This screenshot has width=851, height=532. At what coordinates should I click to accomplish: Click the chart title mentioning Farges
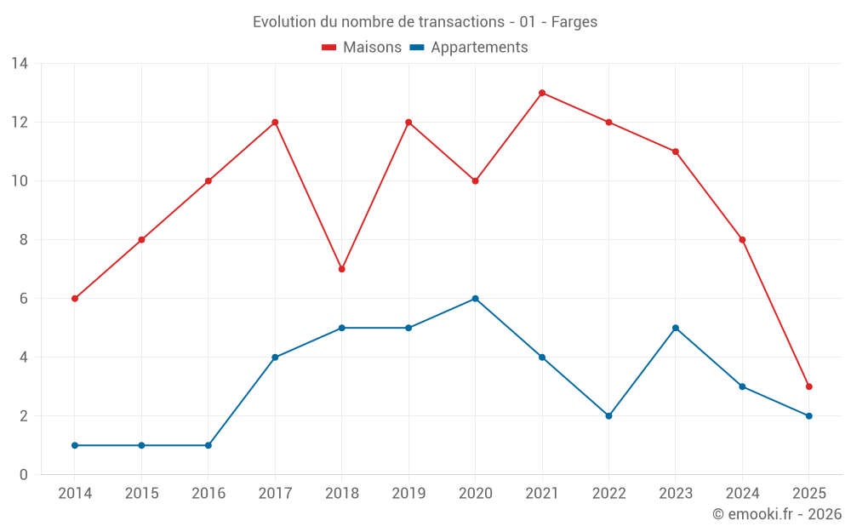click(425, 22)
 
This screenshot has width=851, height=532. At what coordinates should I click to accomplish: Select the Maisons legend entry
click(362, 48)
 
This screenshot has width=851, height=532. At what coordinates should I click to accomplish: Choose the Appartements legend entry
click(469, 48)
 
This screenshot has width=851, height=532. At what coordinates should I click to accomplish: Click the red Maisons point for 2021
click(542, 93)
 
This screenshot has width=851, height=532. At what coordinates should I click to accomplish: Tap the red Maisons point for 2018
click(342, 269)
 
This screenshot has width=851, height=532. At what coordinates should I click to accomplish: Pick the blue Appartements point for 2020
click(476, 299)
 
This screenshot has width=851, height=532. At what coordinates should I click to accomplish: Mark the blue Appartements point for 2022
click(608, 416)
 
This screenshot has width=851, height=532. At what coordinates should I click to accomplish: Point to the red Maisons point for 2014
click(75, 299)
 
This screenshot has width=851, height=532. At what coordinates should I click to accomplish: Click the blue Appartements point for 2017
click(275, 358)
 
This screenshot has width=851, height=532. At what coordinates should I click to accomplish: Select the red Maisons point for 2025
click(809, 386)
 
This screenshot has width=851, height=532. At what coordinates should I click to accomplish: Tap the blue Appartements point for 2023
click(676, 328)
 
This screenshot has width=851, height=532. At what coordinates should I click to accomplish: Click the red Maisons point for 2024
click(742, 240)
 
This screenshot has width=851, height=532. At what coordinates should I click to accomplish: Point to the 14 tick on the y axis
click(20, 64)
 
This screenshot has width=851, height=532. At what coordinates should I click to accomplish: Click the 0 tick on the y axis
click(24, 475)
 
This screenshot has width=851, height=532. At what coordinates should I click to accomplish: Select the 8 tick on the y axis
click(24, 240)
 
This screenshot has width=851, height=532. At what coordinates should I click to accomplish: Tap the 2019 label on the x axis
click(408, 494)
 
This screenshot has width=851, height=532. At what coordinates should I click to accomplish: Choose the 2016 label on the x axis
click(208, 494)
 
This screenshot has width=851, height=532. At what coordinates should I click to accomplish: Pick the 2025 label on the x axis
click(809, 494)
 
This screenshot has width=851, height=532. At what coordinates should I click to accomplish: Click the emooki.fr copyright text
click(777, 514)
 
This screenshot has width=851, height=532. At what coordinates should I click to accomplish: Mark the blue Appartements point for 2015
click(141, 445)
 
